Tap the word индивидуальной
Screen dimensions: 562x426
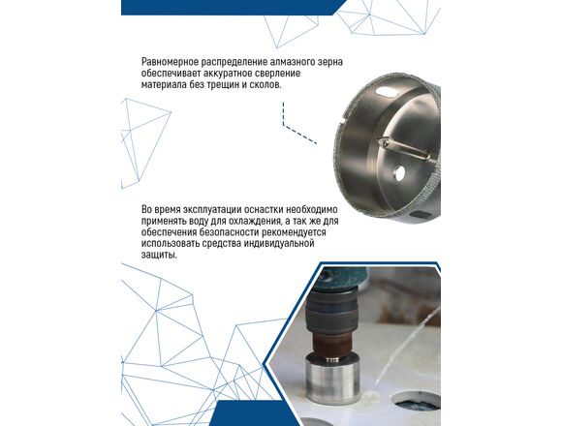pyautogui.click(x=279, y=244)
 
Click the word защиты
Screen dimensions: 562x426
pyautogui.click(x=159, y=256)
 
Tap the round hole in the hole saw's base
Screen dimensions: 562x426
pyautogui.click(x=398, y=173)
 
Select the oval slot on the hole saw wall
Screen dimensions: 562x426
pyautogui.click(x=386, y=91)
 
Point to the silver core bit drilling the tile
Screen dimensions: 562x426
pyautogui.click(x=333, y=379)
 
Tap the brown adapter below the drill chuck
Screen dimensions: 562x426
pyautogui.click(x=332, y=344)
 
